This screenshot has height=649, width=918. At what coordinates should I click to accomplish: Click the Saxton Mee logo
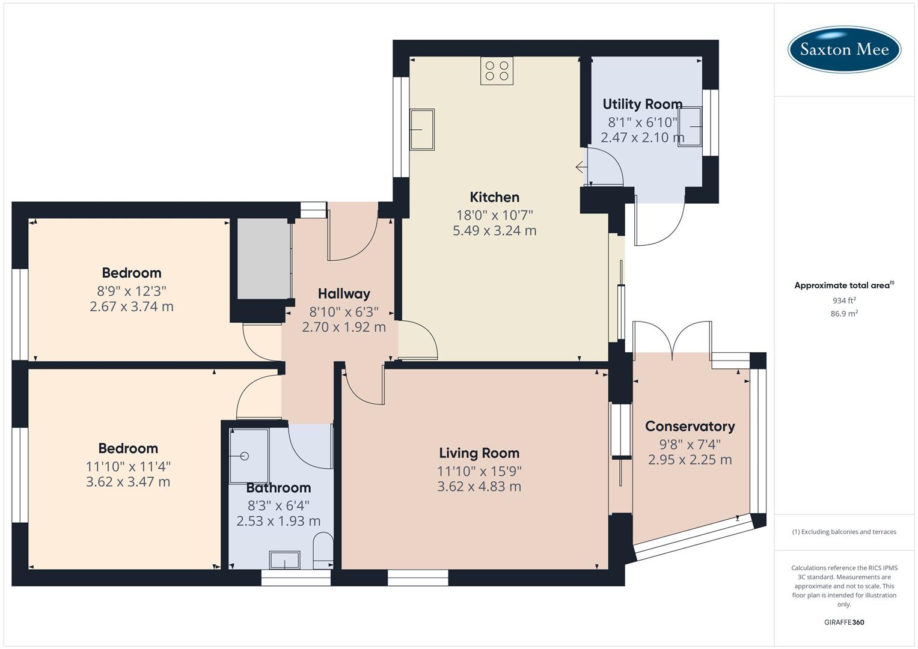pos(844,49)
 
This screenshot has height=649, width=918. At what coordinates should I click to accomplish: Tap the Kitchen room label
pos(494,197)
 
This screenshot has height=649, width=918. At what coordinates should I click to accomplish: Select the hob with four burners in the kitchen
pos(497,71)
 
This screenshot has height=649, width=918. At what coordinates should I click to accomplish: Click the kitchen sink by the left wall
pos(422,129)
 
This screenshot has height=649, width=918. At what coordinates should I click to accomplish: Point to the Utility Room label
pos(642,104)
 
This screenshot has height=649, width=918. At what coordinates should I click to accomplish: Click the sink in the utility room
pos(690,126)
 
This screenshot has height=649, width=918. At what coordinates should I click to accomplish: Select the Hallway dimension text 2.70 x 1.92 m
pos(343,328)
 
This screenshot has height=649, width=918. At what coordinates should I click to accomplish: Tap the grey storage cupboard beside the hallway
pos(263,258)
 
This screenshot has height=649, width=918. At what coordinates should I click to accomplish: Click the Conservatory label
pos(690,426)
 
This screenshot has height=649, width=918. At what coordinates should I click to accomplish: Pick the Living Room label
pos(479,453)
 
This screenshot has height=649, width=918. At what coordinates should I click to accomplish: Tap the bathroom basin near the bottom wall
pos(284,560)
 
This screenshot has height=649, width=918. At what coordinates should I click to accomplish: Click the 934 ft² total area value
pos(843,300)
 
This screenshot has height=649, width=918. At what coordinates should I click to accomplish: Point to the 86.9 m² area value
pos(843,314)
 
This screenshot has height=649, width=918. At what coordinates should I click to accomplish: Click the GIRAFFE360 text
pos(843,622)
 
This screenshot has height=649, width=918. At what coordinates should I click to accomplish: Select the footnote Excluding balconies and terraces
pos(843,532)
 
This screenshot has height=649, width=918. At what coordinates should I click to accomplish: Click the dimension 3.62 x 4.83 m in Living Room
pos(479,487)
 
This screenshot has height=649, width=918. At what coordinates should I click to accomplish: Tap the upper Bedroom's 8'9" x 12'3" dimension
pos(131,291)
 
